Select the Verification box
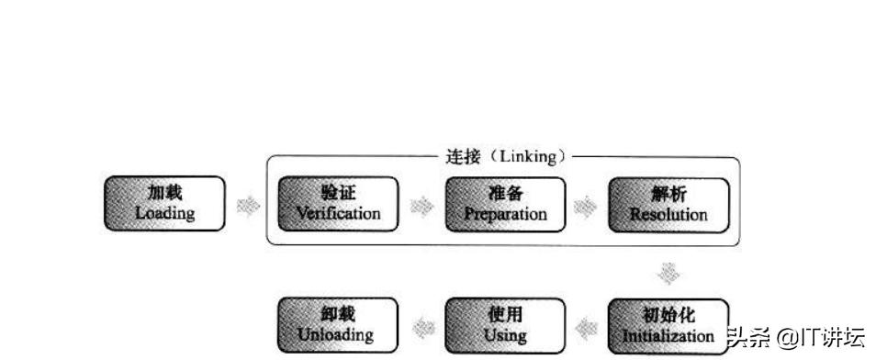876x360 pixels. [x=338, y=203]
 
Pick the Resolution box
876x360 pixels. [x=668, y=203]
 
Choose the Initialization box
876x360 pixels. [x=668, y=325]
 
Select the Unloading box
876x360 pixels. [x=338, y=325]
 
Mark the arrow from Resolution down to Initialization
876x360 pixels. [x=670, y=273]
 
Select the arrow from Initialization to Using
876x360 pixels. [x=587, y=326]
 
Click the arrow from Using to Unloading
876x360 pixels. [x=422, y=326]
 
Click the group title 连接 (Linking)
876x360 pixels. [x=503, y=157]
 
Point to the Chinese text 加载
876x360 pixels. [x=165, y=193]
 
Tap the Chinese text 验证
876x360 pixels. [x=338, y=193]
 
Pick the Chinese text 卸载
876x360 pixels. [x=336, y=315]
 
